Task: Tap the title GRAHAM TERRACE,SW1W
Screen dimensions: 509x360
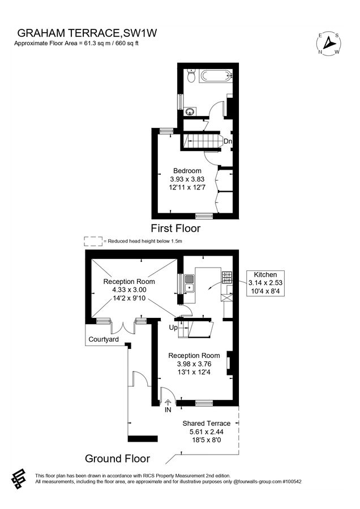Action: pos(87,34)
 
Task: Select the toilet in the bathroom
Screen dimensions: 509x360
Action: pos(191,75)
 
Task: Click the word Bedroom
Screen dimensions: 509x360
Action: pos(187,171)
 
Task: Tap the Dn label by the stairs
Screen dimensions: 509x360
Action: pos(228,141)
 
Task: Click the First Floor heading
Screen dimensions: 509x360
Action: pos(175,228)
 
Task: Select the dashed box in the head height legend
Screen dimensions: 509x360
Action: pos(93,241)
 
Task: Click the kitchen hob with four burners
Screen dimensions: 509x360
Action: pos(228,277)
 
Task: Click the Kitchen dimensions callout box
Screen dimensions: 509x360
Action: pos(265,282)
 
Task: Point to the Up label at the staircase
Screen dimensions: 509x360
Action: pos(174,327)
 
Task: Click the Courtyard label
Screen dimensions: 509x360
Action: pos(103,339)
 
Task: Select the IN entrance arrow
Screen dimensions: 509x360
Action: pos(168,403)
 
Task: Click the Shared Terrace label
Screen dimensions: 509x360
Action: pos(206,423)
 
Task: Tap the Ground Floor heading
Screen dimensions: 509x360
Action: pos(116,458)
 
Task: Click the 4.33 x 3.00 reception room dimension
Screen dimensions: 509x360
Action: pos(128,290)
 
